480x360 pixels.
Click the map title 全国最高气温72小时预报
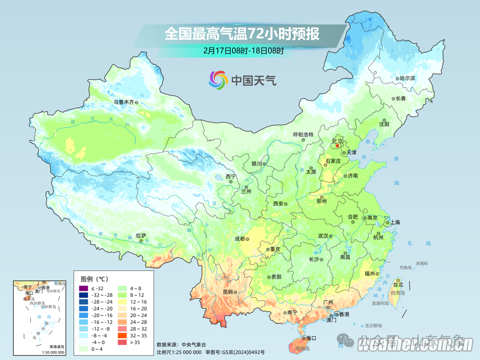tap(241, 34)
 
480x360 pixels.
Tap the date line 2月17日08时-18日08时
tap(243, 50)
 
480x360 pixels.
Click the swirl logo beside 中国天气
tap(218, 79)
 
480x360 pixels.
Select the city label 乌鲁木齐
tap(123, 102)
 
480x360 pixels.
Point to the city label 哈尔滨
tap(407, 78)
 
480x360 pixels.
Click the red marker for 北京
tap(337, 146)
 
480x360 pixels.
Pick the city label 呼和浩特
tap(302, 134)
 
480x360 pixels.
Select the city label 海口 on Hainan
tap(311, 338)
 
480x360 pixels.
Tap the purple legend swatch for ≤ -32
tap(82, 288)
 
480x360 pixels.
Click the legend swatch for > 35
tap(122, 342)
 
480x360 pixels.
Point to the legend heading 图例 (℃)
tap(94, 278)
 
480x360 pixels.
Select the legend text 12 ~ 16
tap(138, 302)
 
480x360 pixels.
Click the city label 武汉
tap(322, 236)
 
